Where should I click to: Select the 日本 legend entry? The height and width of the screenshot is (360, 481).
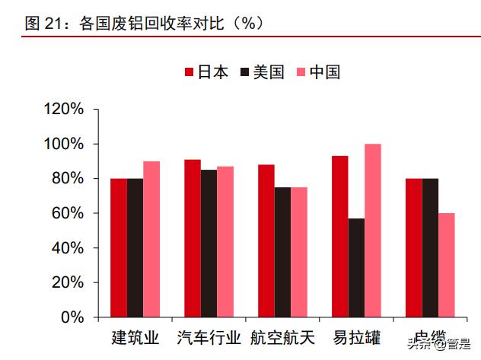click(206, 72)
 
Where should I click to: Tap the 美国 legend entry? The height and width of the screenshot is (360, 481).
click(262, 72)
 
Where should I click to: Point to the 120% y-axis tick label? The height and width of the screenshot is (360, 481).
click(64, 109)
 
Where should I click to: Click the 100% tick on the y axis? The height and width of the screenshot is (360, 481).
click(64, 144)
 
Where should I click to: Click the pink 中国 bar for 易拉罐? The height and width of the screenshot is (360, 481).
click(373, 230)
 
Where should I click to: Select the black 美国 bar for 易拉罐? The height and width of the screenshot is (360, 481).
click(356, 267)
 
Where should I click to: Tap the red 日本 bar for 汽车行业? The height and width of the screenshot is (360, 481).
click(193, 237)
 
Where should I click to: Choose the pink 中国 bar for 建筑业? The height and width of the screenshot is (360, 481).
click(151, 238)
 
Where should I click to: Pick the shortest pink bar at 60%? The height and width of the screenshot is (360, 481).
click(447, 264)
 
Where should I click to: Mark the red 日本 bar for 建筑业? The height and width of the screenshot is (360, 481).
click(119, 247)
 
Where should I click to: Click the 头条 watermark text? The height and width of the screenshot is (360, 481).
click(416, 341)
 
